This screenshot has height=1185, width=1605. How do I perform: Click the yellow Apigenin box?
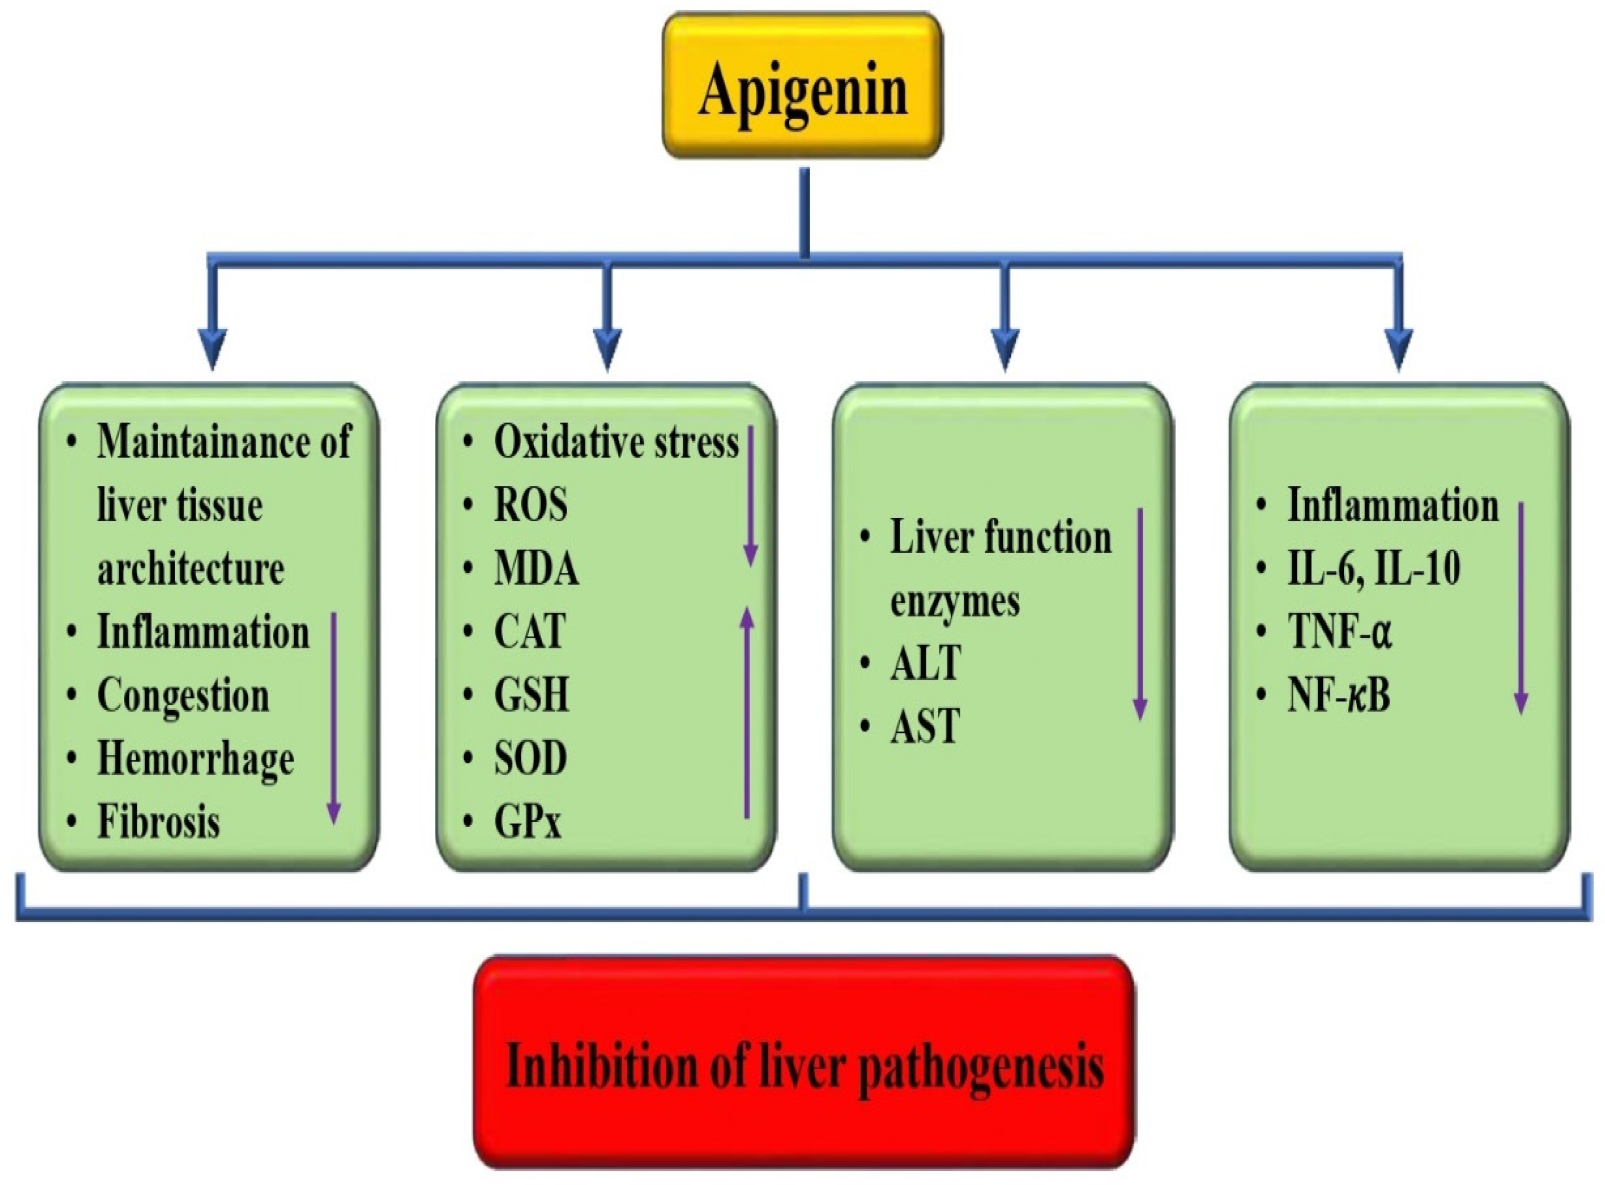(x=802, y=86)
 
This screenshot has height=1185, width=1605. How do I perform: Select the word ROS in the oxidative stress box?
(x=531, y=506)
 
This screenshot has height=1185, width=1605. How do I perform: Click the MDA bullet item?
(x=537, y=569)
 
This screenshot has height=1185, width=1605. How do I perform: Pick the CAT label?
(x=529, y=632)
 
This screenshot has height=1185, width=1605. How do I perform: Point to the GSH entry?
(x=531, y=695)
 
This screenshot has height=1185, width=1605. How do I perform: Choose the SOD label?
(x=531, y=758)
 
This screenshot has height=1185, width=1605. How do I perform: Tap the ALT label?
(x=925, y=663)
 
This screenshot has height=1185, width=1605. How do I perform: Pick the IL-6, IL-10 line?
(x=1373, y=569)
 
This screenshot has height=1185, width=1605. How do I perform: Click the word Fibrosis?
(x=159, y=822)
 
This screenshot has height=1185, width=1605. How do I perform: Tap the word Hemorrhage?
(x=195, y=759)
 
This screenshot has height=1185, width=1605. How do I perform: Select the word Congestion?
(x=183, y=696)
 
